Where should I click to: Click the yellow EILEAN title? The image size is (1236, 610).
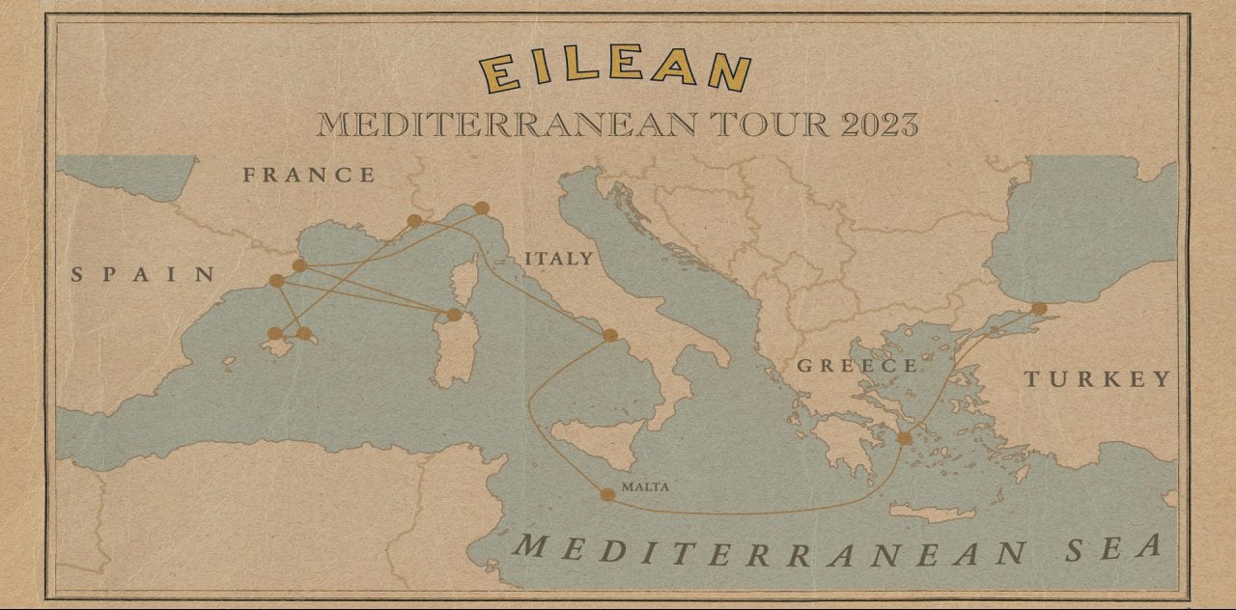pos(615,71)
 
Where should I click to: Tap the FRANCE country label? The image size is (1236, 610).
pos(308,175)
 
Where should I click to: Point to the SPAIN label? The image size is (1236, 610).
pos(143,275)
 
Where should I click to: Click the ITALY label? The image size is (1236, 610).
pos(558,259)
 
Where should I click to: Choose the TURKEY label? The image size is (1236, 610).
pos(1097,379)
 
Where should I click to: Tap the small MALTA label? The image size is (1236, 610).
pos(645,487)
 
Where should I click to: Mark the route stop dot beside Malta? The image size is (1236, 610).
pos(607,495)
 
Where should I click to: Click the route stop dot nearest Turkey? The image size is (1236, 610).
pos(1039,309)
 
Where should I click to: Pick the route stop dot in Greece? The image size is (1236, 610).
pos(904,438)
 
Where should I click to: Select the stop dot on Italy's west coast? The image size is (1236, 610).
pos(609,335)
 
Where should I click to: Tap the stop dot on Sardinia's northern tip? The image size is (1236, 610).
pos(454,315)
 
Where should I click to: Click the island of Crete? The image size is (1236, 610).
pos(931,513)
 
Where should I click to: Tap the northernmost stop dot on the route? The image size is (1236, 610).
pos(482,208)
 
